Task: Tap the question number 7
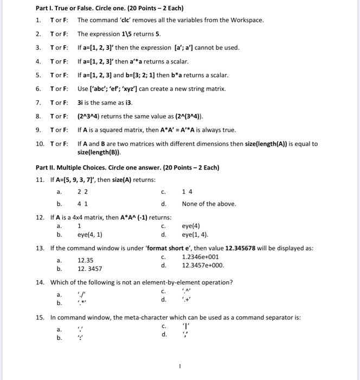click(x=38, y=103)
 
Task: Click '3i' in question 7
click(x=81, y=103)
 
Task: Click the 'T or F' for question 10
click(x=59, y=144)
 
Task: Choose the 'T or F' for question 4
click(x=59, y=61)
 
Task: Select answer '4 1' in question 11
click(x=82, y=204)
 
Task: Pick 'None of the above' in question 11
click(x=209, y=204)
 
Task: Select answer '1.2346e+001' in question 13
click(x=201, y=257)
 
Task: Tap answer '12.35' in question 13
click(x=86, y=260)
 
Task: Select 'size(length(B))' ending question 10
click(x=100, y=153)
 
